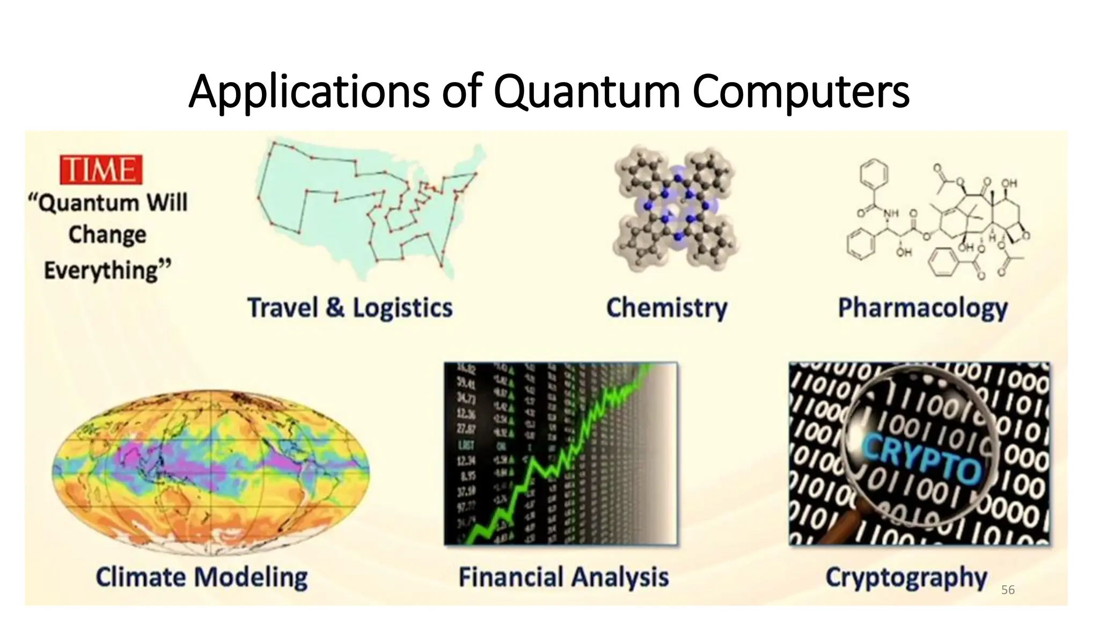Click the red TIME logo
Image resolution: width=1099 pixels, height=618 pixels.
tap(101, 170)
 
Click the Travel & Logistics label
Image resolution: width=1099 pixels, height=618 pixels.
tap(350, 308)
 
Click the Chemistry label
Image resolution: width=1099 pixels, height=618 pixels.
tap(666, 308)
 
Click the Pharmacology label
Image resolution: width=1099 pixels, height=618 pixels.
tap(922, 308)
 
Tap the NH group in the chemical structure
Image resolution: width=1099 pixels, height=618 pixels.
tap(891, 214)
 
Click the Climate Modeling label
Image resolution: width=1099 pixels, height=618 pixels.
tap(202, 577)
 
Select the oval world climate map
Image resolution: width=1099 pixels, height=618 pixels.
tap(210, 469)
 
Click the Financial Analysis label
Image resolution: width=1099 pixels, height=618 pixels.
tap(563, 577)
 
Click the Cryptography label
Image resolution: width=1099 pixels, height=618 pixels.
tap(906, 577)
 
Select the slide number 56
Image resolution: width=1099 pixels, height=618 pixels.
tap(1008, 590)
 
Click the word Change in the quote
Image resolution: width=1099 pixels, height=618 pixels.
tap(107, 235)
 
